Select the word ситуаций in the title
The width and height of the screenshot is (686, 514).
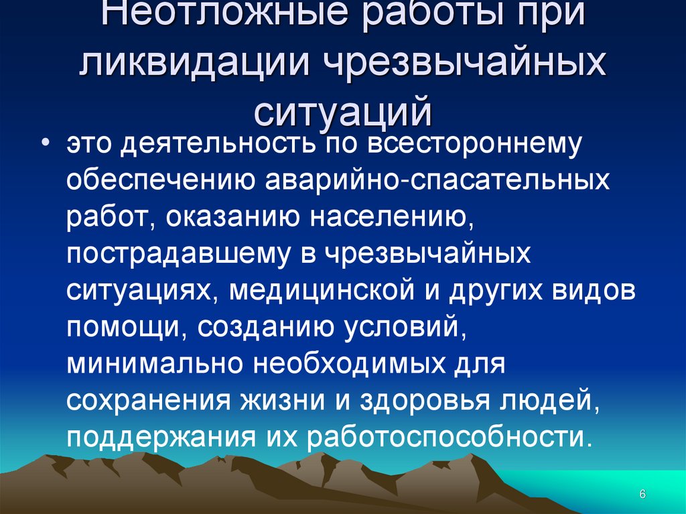342,111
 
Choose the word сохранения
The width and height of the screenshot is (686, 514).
147,400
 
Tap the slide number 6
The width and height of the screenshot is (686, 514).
642,494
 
